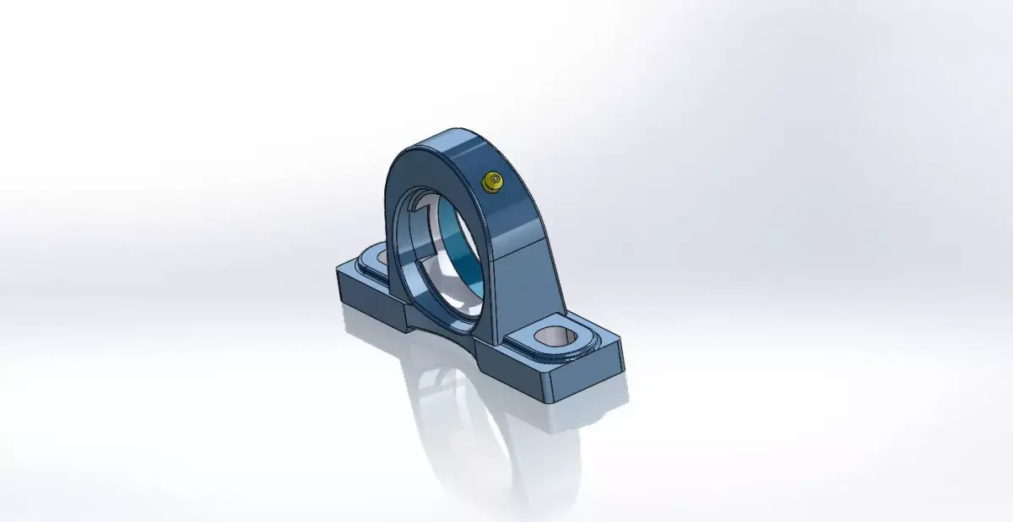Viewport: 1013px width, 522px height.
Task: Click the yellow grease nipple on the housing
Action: click(490, 181)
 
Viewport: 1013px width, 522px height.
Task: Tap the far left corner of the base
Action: click(337, 268)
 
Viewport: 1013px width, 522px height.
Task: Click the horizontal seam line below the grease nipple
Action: click(515, 248)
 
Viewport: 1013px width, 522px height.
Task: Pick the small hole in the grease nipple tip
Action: click(490, 180)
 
